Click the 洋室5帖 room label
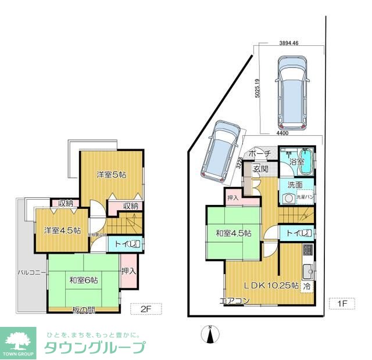coord(112,175)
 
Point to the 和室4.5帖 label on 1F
coord(233,233)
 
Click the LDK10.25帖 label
coord(271,286)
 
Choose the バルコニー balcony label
coord(28,272)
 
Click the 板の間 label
coord(85,310)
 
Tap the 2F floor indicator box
coord(146,308)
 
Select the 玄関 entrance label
coord(260,169)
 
